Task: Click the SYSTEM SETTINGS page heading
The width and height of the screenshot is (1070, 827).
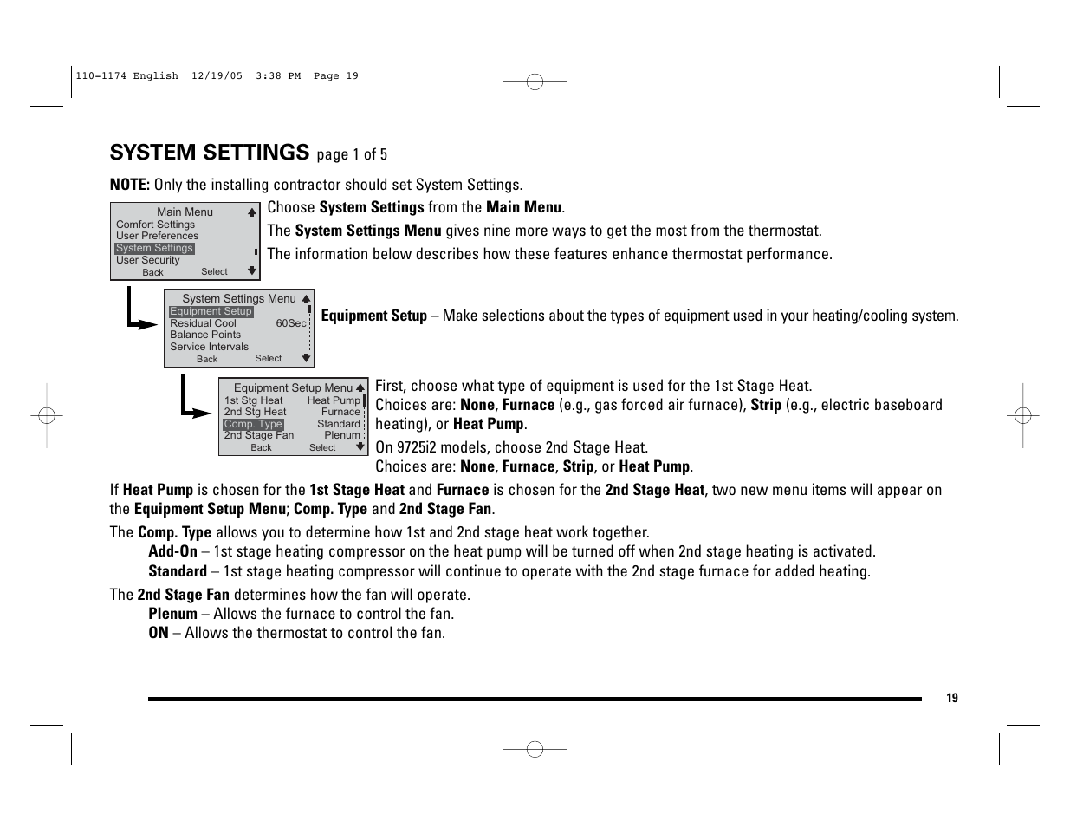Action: coord(209,153)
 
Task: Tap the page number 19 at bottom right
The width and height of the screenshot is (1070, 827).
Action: coord(952,699)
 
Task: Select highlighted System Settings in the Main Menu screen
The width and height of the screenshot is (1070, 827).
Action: coord(154,248)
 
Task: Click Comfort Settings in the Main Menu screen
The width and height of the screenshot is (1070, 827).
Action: coord(155,225)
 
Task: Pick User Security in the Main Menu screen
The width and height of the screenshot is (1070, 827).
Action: coord(147,260)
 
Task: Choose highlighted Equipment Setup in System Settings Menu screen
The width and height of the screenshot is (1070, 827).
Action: coord(211,311)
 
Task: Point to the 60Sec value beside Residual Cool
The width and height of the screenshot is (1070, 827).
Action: coord(291,323)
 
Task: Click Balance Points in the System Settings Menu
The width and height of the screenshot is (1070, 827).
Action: coord(205,335)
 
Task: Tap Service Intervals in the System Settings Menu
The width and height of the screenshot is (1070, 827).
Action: coord(209,347)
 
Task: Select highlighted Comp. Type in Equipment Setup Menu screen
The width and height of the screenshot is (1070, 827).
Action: coord(253,424)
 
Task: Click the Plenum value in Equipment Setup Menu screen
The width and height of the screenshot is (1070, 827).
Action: coord(342,435)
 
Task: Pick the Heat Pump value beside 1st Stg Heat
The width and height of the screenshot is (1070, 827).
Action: coord(334,400)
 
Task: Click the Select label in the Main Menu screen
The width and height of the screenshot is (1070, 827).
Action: coord(214,271)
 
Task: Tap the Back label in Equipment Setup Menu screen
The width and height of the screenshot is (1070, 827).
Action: coord(261,448)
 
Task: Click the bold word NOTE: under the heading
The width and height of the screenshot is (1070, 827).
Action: coord(130,185)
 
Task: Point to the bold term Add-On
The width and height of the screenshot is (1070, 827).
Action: coord(172,551)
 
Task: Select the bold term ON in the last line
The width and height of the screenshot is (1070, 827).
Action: coord(159,633)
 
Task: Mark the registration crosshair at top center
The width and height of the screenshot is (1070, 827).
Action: coord(535,82)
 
